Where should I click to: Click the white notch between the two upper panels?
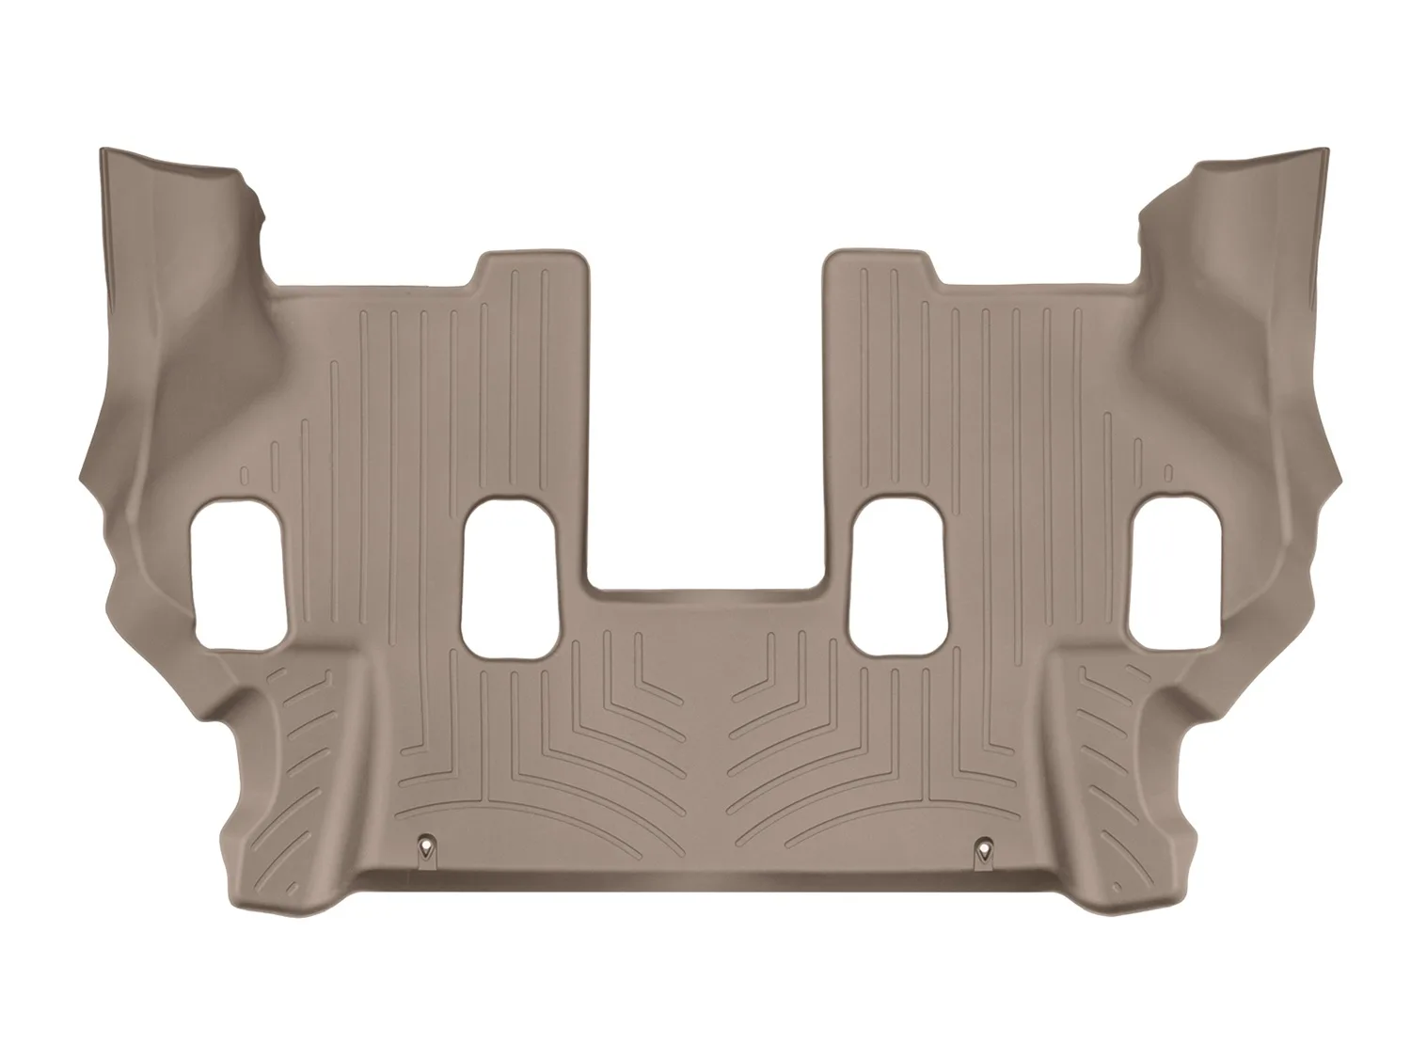click(x=707, y=423)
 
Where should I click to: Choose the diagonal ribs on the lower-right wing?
click(x=1101, y=715)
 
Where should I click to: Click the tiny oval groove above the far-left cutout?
click(x=243, y=475)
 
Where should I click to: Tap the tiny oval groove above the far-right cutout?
click(x=1167, y=473)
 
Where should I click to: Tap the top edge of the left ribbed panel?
click(x=531, y=256)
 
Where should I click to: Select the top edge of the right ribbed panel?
click(x=880, y=256)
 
